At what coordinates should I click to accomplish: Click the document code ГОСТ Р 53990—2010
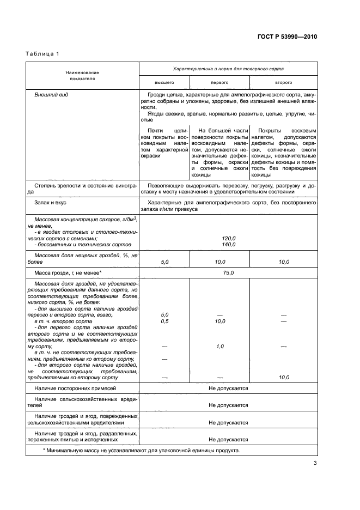pyautogui.click(x=286, y=38)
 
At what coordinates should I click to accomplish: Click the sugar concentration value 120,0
pyautogui.click(x=228, y=238)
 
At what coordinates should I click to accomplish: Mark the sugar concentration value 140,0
pyautogui.click(x=228, y=245)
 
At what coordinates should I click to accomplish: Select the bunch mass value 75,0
pyautogui.click(x=228, y=272)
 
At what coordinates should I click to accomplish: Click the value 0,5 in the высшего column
pyautogui.click(x=164, y=321)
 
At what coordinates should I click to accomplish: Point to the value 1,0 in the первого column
pyautogui.click(x=219, y=347)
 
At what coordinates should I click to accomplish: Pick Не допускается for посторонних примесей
pyautogui.click(x=228, y=388)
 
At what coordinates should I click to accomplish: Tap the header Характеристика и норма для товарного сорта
pyautogui.click(x=228, y=69)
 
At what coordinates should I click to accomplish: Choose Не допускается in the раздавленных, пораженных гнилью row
pyautogui.click(x=228, y=439)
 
